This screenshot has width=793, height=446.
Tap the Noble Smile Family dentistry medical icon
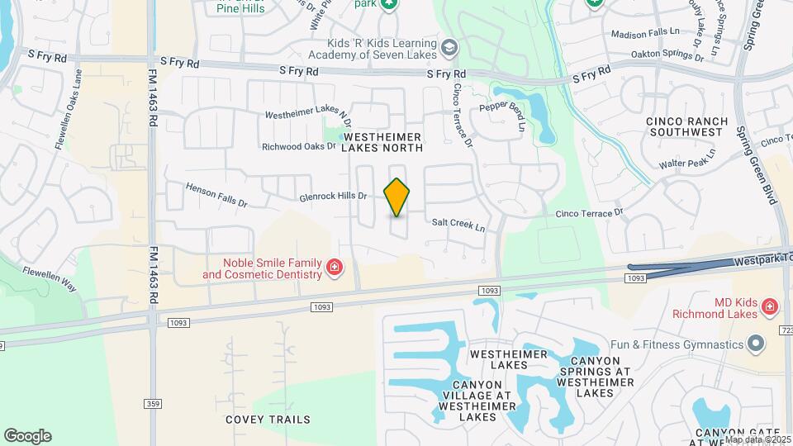(335, 267)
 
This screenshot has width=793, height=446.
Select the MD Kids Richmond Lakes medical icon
(770, 307)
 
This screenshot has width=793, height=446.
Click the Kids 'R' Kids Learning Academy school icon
(449, 48)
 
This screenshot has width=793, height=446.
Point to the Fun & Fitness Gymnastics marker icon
(755, 343)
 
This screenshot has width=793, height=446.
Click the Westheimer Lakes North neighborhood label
(382, 141)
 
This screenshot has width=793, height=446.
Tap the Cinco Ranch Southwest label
(687, 126)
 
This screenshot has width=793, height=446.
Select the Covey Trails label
(268, 419)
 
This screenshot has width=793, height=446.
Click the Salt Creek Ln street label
(458, 223)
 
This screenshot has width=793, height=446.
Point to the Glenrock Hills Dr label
(332, 197)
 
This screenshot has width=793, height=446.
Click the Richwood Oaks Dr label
(299, 147)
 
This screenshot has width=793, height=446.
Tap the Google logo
(27, 436)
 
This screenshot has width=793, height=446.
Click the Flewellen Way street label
(49, 278)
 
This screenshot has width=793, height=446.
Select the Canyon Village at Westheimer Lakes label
(477, 400)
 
